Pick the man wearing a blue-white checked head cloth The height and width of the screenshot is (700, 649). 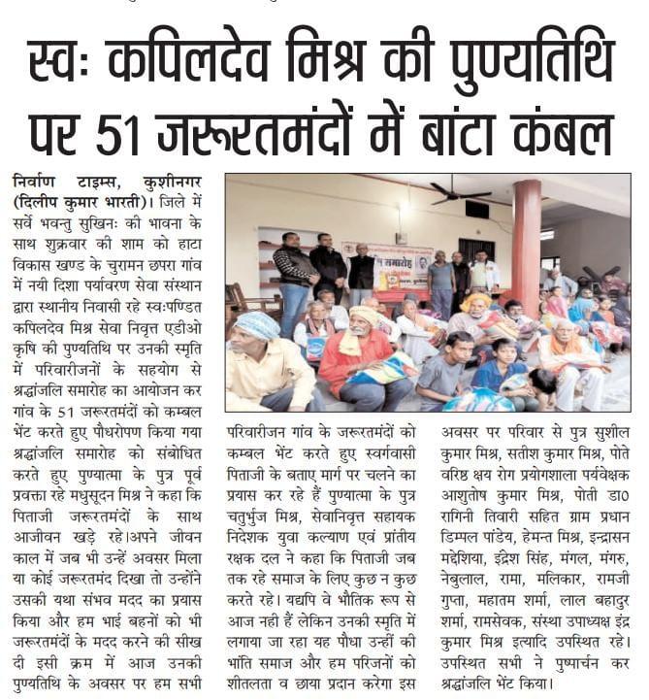point(264,359)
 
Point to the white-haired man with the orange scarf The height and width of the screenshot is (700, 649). point(576,359)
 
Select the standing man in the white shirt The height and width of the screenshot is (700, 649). point(482,275)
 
